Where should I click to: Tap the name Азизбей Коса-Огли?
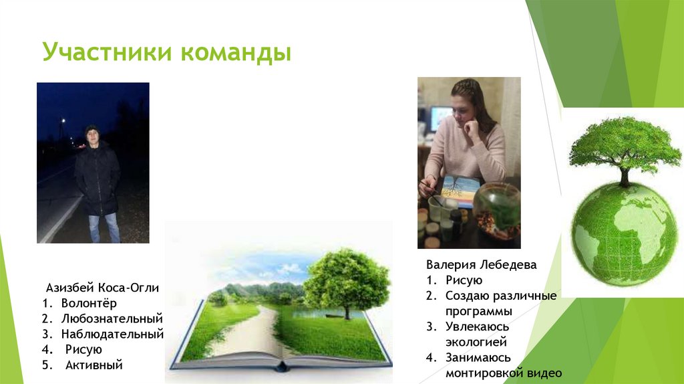coord(102,288)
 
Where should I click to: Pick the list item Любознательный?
coord(112,318)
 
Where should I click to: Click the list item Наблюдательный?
coord(112,334)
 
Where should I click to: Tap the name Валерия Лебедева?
coord(481,265)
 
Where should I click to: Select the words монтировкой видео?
coord(503,373)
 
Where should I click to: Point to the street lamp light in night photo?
coord(63,121)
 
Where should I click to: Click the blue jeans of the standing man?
coord(104,227)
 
